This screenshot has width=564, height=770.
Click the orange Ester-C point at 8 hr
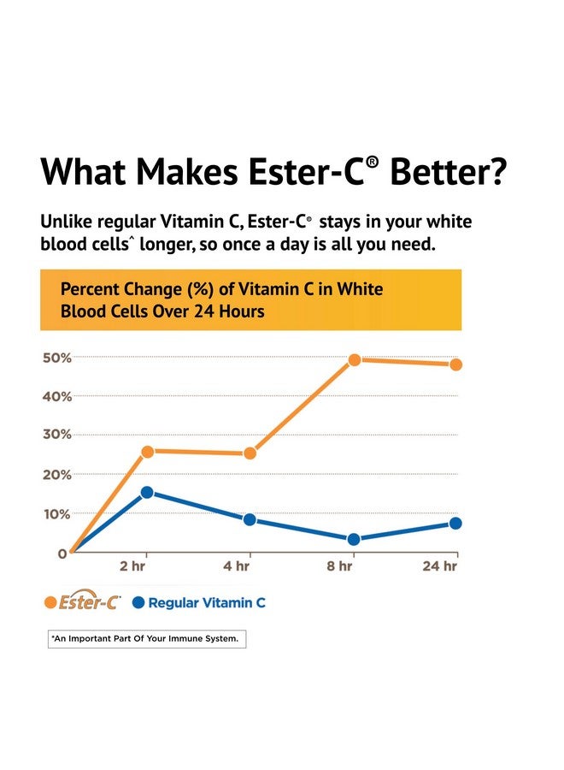tap(354, 360)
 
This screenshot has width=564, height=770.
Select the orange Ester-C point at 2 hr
tap(147, 451)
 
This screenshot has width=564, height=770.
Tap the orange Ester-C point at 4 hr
tap(250, 453)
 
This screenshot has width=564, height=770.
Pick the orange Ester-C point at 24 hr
tap(455, 364)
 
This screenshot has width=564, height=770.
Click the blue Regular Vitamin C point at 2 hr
tap(147, 492)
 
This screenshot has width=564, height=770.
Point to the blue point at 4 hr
tap(250, 519)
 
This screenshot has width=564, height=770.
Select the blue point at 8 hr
tap(354, 539)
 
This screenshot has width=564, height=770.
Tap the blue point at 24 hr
tap(455, 523)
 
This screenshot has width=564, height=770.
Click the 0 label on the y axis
tap(62, 554)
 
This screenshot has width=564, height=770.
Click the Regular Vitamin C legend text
tap(207, 603)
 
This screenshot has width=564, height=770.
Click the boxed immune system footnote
tap(146, 639)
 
